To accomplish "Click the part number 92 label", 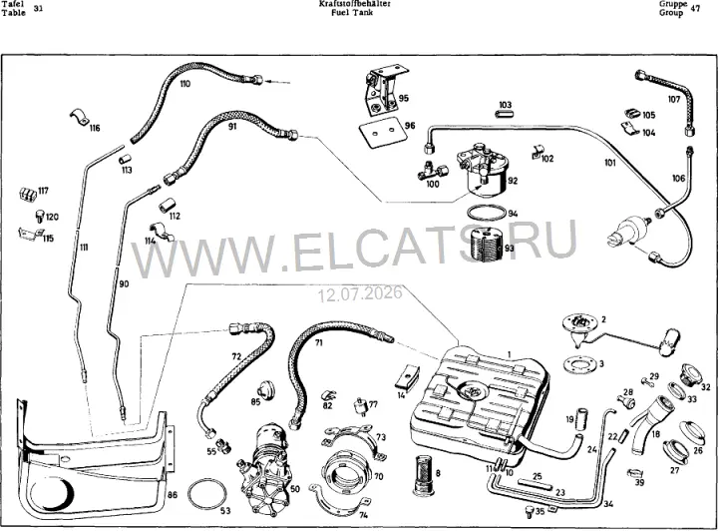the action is click(513, 181).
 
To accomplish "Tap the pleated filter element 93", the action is click(488, 246).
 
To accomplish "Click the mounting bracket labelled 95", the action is click(382, 91).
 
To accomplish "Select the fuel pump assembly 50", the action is click(262, 468).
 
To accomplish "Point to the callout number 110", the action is click(185, 84).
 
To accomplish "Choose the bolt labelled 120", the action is click(40, 216).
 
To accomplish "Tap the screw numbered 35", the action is click(529, 512).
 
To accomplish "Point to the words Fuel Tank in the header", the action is click(352, 12).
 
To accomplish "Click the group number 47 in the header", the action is click(695, 8).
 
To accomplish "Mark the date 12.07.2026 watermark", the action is click(360, 293).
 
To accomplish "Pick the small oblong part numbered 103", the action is click(504, 114).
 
